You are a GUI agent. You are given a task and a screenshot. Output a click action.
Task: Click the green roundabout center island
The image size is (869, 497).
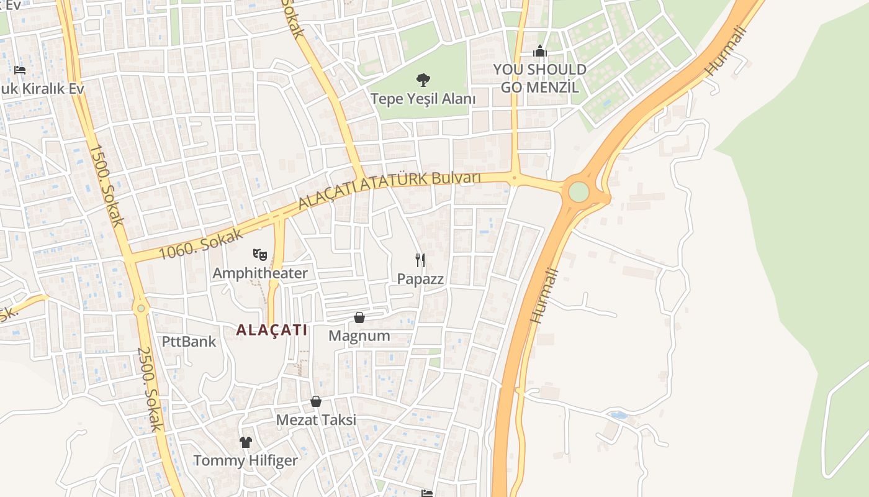click(578, 192)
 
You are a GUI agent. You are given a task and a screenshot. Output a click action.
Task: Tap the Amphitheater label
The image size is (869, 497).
click(260, 273)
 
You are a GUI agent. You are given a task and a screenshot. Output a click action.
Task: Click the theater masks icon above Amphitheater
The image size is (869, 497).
click(260, 254)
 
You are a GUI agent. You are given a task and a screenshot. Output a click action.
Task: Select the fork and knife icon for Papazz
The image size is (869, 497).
click(420, 260)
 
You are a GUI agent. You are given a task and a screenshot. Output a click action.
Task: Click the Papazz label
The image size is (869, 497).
click(420, 279)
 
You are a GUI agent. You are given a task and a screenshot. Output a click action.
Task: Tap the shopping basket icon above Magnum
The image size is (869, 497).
click(359, 317)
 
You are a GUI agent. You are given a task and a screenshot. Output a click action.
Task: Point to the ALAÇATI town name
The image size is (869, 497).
click(272, 330)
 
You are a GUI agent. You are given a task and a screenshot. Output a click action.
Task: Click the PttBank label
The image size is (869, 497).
click(189, 341)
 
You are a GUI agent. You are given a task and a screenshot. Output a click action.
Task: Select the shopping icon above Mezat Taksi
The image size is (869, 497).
click(315, 401)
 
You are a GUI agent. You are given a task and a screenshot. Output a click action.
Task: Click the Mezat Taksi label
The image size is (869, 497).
click(316, 420)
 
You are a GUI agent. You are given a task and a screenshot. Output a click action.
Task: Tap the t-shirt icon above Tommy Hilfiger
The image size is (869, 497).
click(246, 442)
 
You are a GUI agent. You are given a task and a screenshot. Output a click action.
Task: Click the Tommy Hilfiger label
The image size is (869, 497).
click(245, 461)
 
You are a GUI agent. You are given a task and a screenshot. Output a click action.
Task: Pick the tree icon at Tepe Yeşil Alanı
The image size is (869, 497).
click(423, 80)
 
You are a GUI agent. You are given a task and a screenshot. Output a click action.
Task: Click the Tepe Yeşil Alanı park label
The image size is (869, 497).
click(423, 99)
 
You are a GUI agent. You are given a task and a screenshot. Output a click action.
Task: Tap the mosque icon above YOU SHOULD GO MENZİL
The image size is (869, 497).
click(540, 51)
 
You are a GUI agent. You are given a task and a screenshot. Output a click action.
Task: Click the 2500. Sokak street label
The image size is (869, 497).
click(150, 390)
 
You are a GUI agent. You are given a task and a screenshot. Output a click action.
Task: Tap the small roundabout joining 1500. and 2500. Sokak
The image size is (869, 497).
click(141, 308)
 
